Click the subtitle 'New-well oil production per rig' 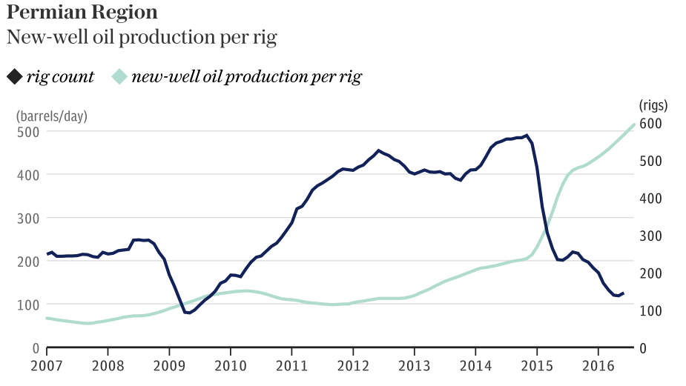click(x=141, y=39)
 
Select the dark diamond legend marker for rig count click(x=15, y=76)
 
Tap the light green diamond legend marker click(x=119, y=76)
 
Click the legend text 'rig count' click(x=60, y=76)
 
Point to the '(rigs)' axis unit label click(x=653, y=104)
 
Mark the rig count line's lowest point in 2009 click(x=189, y=313)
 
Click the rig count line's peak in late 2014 click(x=527, y=136)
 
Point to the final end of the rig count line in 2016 click(x=623, y=293)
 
